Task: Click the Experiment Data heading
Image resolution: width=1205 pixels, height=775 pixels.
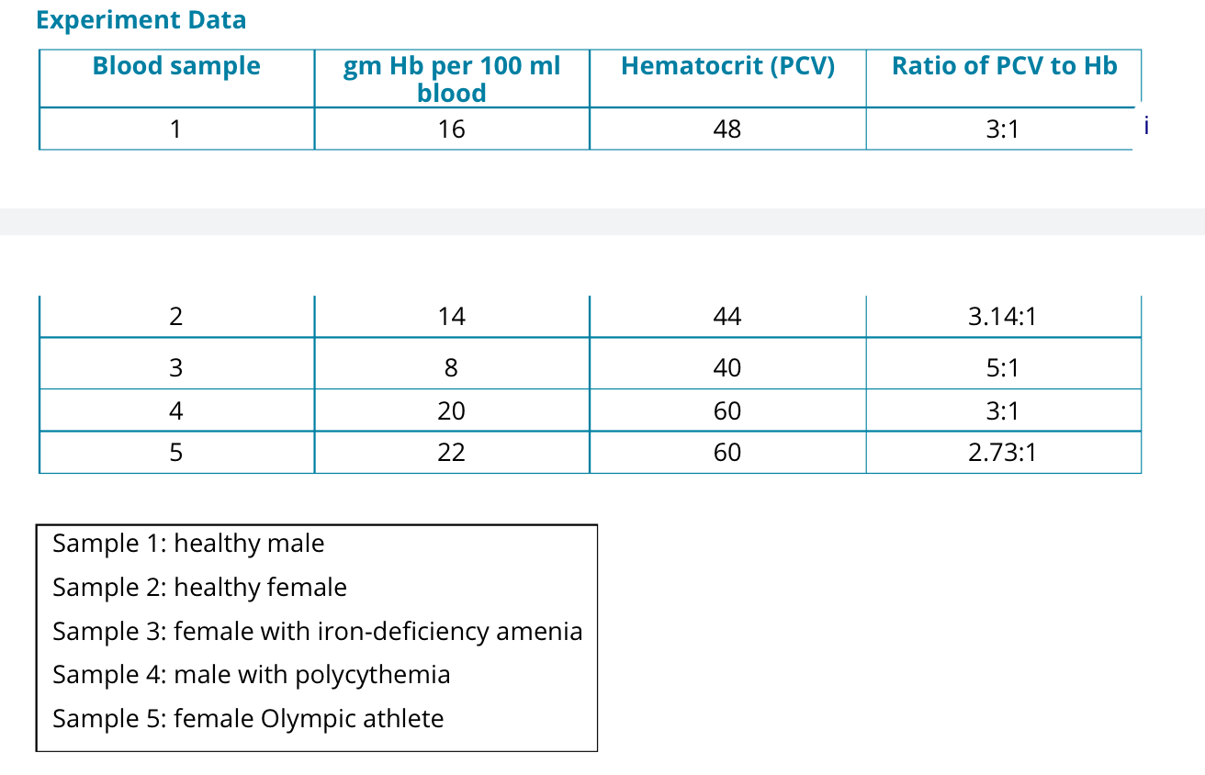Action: [141, 19]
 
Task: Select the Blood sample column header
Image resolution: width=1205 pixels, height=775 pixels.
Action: [176, 66]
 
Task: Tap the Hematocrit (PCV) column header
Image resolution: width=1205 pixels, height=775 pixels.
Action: [727, 66]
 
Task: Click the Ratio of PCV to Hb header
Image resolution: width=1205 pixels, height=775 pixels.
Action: [1004, 66]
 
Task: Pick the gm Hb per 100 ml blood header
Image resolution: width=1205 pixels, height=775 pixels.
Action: [451, 79]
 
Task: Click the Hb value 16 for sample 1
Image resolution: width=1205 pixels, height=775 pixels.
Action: [451, 129]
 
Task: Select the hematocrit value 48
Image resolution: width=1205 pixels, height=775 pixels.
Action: [726, 129]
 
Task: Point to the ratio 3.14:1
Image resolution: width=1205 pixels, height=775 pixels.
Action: [1002, 318]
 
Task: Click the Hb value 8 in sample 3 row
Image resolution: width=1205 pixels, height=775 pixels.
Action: [451, 368]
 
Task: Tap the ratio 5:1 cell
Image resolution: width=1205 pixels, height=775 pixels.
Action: [1002, 368]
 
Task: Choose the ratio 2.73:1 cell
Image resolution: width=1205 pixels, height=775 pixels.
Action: [1002, 453]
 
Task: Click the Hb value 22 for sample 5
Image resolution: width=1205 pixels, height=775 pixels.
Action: [451, 453]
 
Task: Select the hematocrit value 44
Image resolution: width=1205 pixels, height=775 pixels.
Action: [726, 318]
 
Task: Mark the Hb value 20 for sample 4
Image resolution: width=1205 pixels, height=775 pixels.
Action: [451, 410]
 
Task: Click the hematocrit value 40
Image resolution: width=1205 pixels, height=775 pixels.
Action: [726, 368]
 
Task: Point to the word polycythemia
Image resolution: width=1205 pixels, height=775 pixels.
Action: [373, 675]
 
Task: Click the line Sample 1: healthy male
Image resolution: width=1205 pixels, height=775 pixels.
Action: [188, 544]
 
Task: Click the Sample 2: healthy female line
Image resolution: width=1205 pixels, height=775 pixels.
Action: [199, 588]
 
